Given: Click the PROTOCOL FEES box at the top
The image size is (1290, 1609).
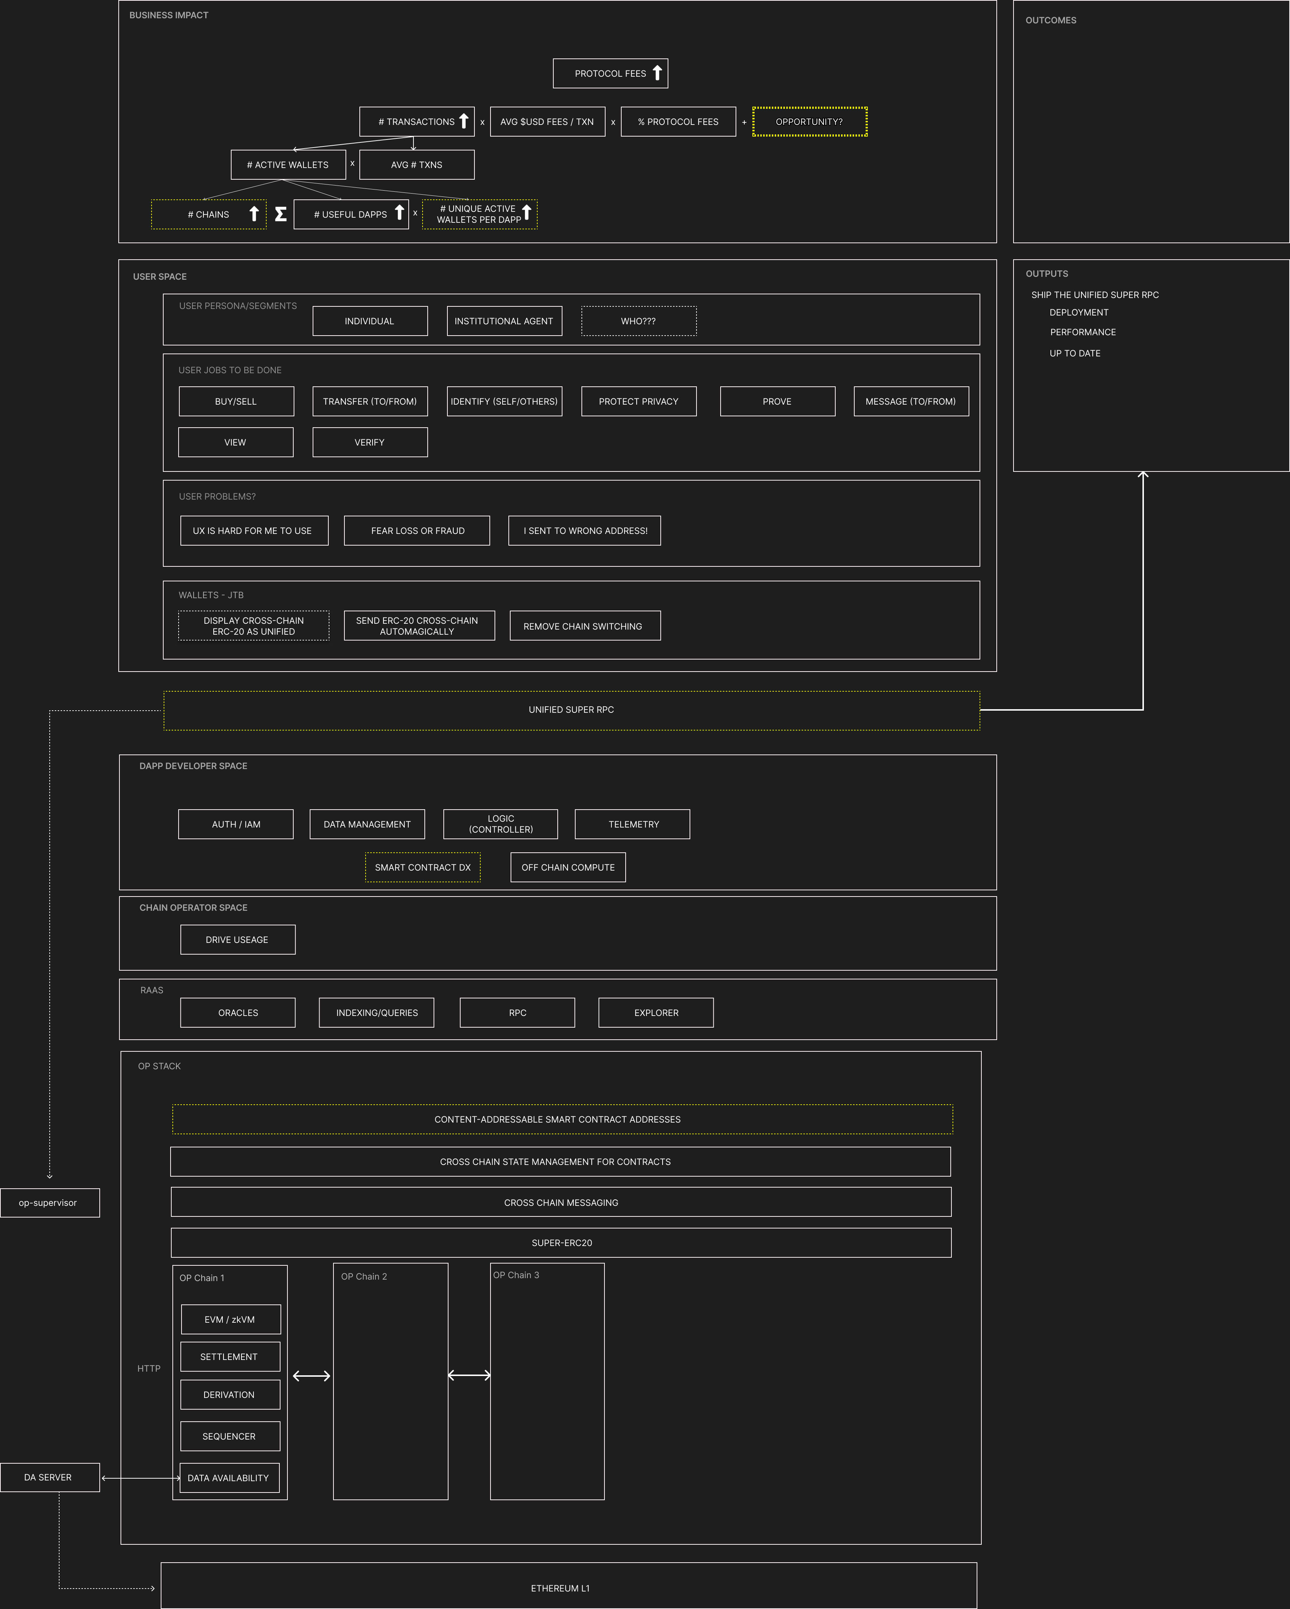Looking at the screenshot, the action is click(x=610, y=73).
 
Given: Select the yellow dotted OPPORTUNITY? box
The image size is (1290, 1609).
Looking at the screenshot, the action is click(x=809, y=122).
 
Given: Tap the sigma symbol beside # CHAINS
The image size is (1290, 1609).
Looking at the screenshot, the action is click(x=281, y=214).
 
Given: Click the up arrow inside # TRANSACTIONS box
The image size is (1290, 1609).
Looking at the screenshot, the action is click(x=463, y=121).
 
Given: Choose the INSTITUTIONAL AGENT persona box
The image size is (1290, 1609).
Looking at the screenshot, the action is click(x=504, y=321).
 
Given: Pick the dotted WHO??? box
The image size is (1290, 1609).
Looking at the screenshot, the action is click(x=638, y=321).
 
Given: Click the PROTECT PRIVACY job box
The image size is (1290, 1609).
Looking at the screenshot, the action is click(x=638, y=401).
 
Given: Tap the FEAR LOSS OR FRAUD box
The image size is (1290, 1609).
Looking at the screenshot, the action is click(x=417, y=531).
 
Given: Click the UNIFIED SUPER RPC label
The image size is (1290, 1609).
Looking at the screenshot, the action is click(x=571, y=710).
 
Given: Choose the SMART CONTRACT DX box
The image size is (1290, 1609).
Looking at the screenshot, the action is click(x=423, y=867).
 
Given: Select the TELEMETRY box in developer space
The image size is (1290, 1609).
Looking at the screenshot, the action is click(x=633, y=824).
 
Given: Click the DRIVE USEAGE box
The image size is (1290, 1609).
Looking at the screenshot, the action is click(x=237, y=940).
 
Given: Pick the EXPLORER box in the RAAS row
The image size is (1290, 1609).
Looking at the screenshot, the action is click(x=656, y=1013).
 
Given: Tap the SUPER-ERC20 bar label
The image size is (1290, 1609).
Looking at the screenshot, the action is click(x=561, y=1243).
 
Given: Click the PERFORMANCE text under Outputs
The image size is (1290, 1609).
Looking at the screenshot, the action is click(x=1083, y=332).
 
